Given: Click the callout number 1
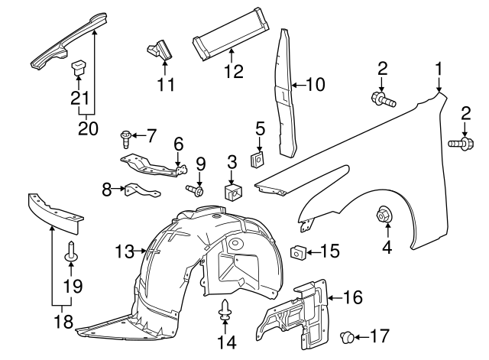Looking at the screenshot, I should click(439, 70).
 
